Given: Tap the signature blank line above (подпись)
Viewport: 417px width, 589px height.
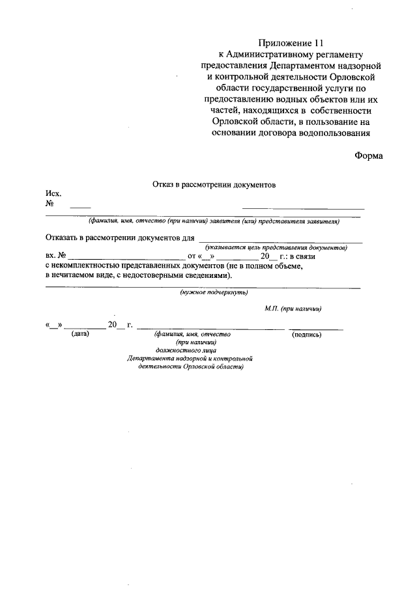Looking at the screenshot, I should pos(317,329).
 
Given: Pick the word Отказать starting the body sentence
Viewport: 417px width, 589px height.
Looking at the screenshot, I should pos(63,238).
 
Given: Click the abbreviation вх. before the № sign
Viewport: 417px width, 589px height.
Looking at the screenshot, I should pos(50,256).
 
